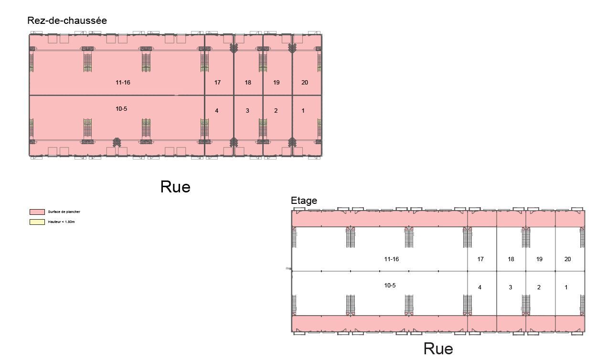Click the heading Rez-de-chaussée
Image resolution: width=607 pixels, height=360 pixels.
coord(67,21)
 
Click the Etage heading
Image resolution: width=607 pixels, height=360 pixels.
coord(304,201)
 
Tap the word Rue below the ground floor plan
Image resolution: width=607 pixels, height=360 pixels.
coord(175,187)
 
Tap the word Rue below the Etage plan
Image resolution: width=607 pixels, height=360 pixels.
coord(438,349)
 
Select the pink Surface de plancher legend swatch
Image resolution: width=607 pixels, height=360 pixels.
coord(37,212)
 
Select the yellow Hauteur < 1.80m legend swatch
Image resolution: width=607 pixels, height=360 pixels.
coord(37,222)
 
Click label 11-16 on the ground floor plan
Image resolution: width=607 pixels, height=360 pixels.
coord(123,83)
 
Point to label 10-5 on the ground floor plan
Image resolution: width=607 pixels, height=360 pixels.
coord(121,109)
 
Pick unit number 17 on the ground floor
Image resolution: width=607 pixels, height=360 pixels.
coord(217,83)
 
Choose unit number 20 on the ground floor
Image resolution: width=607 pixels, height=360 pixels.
coord(305,83)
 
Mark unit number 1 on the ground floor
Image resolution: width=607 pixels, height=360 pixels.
coord(303,111)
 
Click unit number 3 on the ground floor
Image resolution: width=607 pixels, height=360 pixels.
coord(247,111)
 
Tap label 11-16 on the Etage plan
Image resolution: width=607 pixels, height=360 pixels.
coord(392,259)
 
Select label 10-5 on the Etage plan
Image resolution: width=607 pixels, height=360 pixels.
coord(390,286)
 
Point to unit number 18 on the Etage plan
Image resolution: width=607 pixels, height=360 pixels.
coord(511,259)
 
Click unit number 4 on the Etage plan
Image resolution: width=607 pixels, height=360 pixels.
coord(479,287)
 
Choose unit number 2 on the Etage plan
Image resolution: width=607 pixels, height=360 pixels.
coord(539,287)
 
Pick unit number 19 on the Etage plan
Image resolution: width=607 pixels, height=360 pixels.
coord(539,259)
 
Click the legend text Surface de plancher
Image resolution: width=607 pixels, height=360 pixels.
coord(64,212)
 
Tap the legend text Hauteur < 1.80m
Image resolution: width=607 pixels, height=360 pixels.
coord(61,222)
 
